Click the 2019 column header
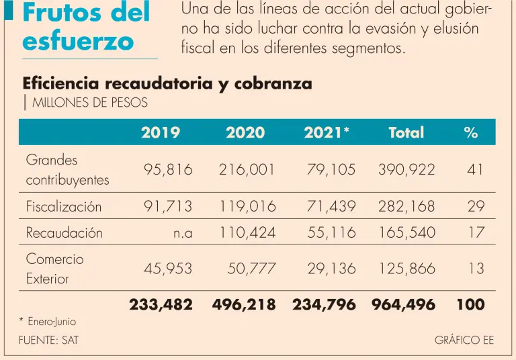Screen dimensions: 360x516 click(x=161, y=132)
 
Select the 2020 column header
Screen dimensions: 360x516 click(x=245, y=132)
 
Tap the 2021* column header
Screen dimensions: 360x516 click(x=327, y=132)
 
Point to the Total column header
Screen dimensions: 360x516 click(x=406, y=132)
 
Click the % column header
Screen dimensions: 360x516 click(x=470, y=132)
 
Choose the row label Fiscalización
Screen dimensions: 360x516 click(x=64, y=206)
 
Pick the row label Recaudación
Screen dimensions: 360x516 click(x=64, y=233)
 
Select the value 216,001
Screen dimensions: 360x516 click(x=247, y=170)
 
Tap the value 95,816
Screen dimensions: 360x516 click(x=168, y=170)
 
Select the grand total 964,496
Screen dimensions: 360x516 click(x=403, y=304)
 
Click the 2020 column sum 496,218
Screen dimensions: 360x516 click(x=244, y=304)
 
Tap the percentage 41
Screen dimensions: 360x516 click(x=475, y=170)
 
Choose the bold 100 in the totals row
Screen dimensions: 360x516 click(x=470, y=304)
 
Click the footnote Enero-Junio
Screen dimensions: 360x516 click(x=52, y=322)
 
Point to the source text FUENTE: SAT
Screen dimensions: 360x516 click(x=48, y=341)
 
